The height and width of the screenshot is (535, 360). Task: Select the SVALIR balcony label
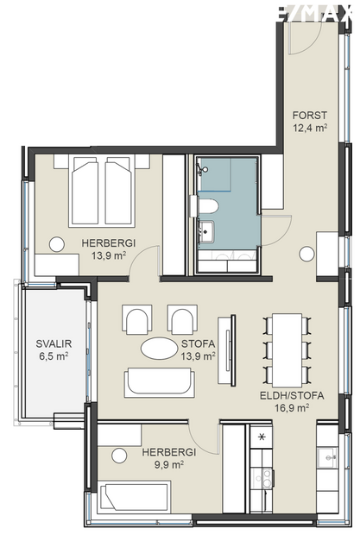pos(53,343)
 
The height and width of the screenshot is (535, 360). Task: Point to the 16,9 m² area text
pos(290,409)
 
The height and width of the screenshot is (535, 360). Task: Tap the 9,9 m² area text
pos(169,464)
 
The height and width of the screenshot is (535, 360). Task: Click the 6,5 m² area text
pos(53,356)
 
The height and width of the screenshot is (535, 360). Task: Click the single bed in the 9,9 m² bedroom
pos(138,498)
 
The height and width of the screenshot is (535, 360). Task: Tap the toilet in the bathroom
pos(209,205)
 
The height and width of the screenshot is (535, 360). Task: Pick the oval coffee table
pos(161,349)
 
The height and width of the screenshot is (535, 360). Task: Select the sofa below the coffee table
pos(159,382)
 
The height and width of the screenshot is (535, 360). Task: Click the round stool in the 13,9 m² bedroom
pos(57,245)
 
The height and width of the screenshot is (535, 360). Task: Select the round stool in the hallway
pos(306,254)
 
